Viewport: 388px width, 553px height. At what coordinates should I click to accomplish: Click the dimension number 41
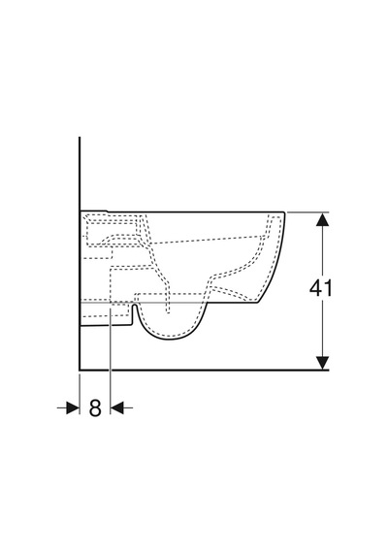(x=321, y=288)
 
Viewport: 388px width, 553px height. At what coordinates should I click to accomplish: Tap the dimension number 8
(x=95, y=408)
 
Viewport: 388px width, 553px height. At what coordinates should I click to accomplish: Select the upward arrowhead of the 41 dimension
(x=322, y=219)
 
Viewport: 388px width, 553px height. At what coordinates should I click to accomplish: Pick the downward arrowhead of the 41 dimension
(x=322, y=363)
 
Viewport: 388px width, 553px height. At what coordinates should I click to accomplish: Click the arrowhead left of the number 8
(x=73, y=408)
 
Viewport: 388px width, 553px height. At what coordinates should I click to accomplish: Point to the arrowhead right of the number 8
(x=117, y=408)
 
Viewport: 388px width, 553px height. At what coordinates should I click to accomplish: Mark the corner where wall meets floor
(x=80, y=370)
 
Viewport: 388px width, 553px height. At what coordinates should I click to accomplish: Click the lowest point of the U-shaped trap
(x=169, y=340)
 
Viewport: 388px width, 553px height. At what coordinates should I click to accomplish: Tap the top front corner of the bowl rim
(x=284, y=212)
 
